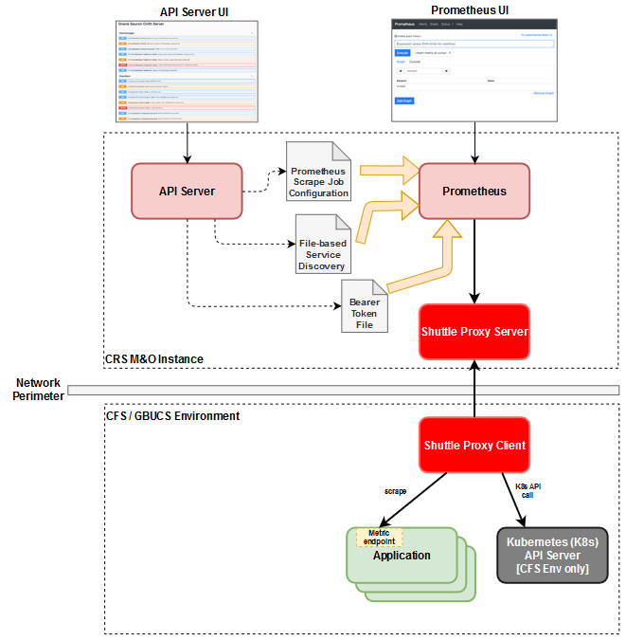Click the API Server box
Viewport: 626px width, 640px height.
coord(187,192)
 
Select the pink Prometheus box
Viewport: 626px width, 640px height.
coord(474,192)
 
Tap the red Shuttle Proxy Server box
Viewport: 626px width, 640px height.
coord(474,332)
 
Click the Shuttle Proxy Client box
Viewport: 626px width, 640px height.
coord(474,445)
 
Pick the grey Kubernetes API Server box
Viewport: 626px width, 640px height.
coord(551,555)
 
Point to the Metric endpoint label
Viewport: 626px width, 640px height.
coord(379,537)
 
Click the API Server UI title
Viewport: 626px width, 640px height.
coord(188,11)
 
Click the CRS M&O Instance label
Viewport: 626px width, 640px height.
coord(154,359)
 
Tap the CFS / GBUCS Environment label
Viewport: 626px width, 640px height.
coord(172,415)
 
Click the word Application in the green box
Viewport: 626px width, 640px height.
coord(402,556)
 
